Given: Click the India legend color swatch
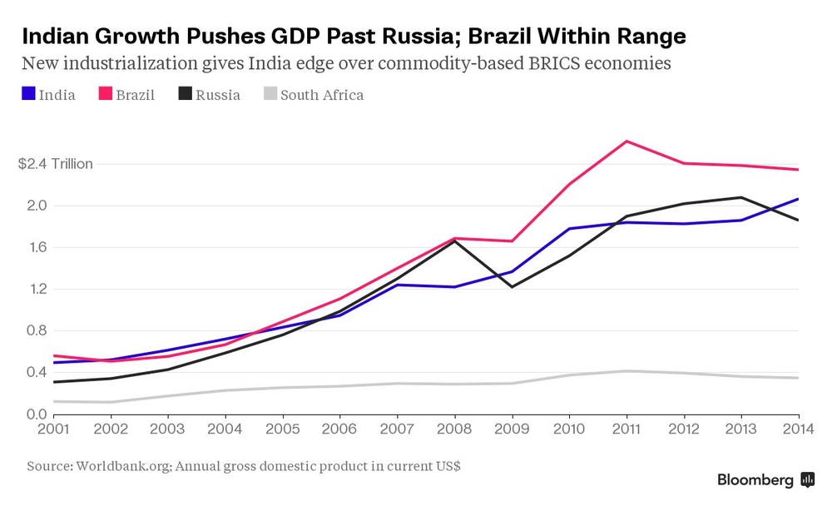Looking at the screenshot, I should pyautogui.click(x=27, y=94).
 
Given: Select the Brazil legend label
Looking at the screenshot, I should pyautogui.click(x=135, y=95).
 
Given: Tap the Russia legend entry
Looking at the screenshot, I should pyautogui.click(x=217, y=95).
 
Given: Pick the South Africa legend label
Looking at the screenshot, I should pyautogui.click(x=321, y=95).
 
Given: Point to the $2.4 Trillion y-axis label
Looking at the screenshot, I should pyautogui.click(x=55, y=164).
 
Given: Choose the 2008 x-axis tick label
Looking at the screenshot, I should pyautogui.click(x=454, y=429).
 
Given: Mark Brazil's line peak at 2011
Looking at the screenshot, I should pyautogui.click(x=626, y=141).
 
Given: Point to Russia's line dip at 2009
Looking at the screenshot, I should pyautogui.click(x=512, y=286).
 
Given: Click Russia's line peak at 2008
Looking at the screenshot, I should pyautogui.click(x=454, y=241).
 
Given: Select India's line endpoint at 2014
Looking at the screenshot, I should pyautogui.click(x=798, y=199).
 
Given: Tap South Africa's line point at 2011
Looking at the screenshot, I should pyautogui.click(x=626, y=371).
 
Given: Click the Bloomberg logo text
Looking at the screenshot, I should pyautogui.click(x=755, y=480).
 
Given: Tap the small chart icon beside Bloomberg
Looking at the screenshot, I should pyautogui.click(x=807, y=480).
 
